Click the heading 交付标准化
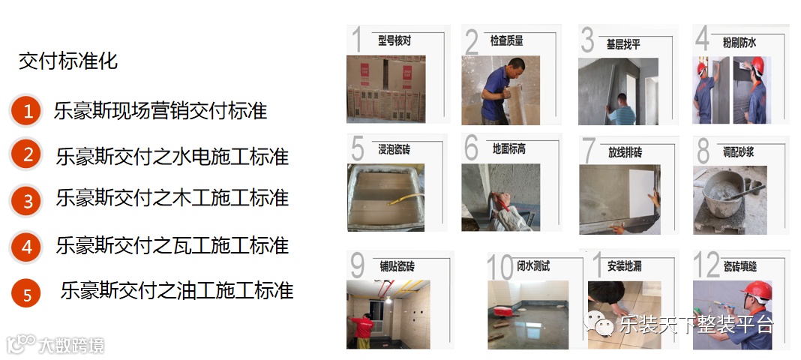pyautogui.click(x=68, y=61)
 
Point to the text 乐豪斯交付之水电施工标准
pyautogui.click(x=172, y=156)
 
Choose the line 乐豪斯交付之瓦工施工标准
pyautogui.click(x=172, y=245)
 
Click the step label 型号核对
pyautogui.click(x=394, y=40)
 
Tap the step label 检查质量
pyautogui.click(x=507, y=40)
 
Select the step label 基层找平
pyautogui.click(x=623, y=44)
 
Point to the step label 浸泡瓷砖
pyautogui.click(x=394, y=149)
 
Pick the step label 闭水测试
pyautogui.click(x=534, y=266)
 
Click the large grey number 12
pyautogui.click(x=706, y=265)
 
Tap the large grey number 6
pyautogui.click(x=472, y=148)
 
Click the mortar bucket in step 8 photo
pyautogui.click(x=723, y=194)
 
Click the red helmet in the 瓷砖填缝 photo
pyautogui.click(x=757, y=291)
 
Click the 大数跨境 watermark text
pyautogui.click(x=71, y=346)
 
